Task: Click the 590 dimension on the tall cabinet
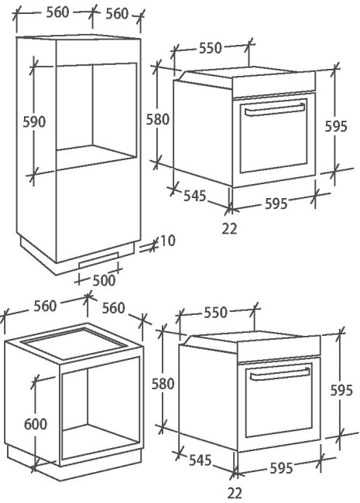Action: (x=34, y=122)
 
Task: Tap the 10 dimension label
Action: (x=167, y=241)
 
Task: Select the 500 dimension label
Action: (x=104, y=280)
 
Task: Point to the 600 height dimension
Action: (x=36, y=424)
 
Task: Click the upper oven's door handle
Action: (x=275, y=109)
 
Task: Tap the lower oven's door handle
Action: (x=279, y=374)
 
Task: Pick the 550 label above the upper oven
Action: (x=211, y=48)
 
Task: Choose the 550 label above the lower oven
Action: (x=216, y=313)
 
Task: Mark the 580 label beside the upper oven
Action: (x=157, y=119)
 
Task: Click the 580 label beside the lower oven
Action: (x=163, y=384)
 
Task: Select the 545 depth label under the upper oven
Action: (x=194, y=196)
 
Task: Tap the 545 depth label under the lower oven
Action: (x=201, y=460)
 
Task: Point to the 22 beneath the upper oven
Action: (x=229, y=229)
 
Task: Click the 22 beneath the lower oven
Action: (x=235, y=493)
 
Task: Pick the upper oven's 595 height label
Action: (x=336, y=126)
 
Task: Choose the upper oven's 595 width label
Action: (x=276, y=204)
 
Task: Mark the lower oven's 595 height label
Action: (x=341, y=390)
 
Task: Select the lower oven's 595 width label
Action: (x=281, y=468)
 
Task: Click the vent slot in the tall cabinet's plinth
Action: (x=98, y=260)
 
